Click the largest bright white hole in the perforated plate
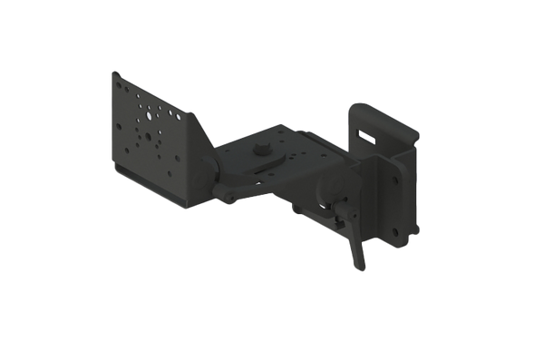click(143, 116)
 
